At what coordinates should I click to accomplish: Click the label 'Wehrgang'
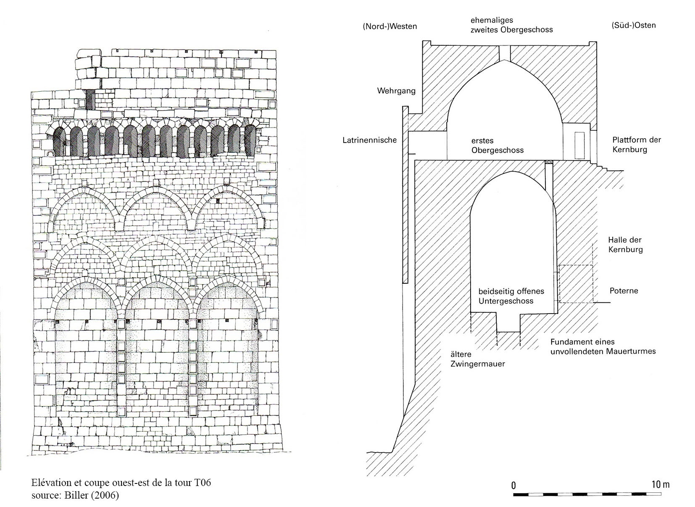(x=396, y=91)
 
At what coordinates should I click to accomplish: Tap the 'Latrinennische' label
(x=369, y=140)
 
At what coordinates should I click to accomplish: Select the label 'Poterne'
(x=624, y=290)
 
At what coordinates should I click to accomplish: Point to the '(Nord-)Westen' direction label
(x=390, y=26)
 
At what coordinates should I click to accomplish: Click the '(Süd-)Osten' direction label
(x=633, y=25)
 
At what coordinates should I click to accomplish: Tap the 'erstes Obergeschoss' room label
(x=498, y=145)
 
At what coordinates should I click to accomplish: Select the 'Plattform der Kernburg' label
(x=636, y=144)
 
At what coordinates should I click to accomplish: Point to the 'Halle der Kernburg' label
(x=625, y=245)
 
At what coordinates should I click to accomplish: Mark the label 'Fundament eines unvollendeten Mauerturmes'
(x=603, y=346)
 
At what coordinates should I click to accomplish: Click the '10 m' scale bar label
(x=661, y=484)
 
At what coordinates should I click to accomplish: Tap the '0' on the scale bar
(x=513, y=485)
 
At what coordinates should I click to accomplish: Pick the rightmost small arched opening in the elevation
(x=250, y=140)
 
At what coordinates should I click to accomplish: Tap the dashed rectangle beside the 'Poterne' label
(x=576, y=284)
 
